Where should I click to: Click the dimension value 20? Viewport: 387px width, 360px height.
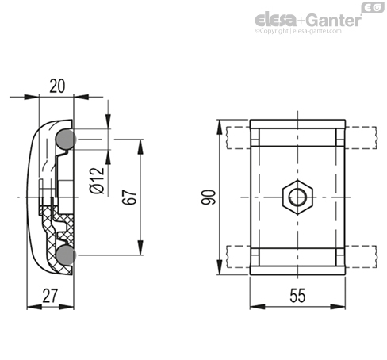point(57,86)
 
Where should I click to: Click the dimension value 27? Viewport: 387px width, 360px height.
point(50,296)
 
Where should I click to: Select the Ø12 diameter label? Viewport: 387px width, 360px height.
point(97,180)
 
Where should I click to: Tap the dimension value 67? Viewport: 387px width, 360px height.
point(129,197)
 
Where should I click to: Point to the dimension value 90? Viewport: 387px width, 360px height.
point(209,197)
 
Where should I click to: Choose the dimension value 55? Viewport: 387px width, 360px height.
point(297,296)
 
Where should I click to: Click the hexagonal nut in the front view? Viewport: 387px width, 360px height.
point(297,197)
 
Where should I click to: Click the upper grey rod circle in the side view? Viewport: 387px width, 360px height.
point(66,140)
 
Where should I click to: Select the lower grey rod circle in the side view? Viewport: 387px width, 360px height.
point(66,255)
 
